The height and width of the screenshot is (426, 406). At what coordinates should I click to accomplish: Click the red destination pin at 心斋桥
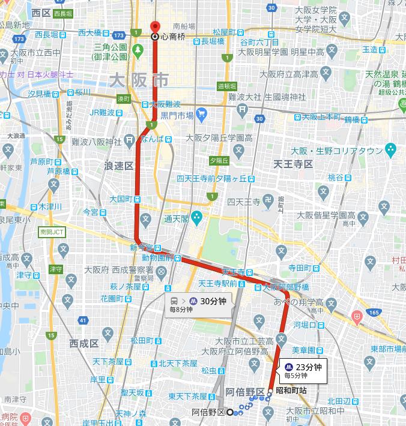154,28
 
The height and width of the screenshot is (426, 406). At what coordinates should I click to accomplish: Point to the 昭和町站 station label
291,391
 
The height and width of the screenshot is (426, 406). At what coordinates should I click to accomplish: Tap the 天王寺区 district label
293,164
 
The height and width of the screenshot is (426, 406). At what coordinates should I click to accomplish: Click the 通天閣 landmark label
177,218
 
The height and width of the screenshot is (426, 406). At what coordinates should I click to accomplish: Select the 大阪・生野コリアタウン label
336,151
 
